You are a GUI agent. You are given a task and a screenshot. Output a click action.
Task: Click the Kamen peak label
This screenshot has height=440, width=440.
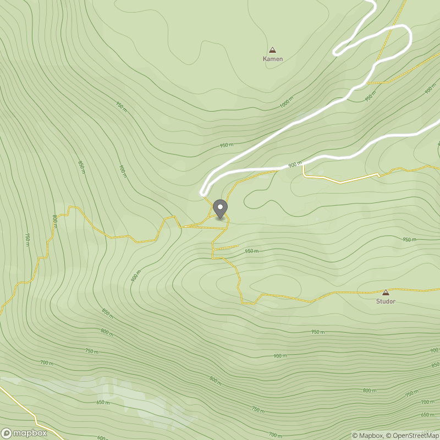coord(273,59)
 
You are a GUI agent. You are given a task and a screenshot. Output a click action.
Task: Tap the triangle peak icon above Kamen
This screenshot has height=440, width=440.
coord(272,50)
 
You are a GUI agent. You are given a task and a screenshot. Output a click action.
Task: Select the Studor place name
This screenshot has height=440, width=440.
coord(386,301)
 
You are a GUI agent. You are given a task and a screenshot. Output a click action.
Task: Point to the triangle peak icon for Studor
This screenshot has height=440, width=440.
coord(386,292)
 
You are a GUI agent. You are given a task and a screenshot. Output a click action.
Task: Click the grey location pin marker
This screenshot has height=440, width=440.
coord(220,210)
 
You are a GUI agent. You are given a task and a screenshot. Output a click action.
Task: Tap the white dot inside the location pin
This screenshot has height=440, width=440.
coord(220,207)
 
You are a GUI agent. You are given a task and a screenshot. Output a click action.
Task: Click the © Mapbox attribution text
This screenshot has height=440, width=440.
coord(367,436)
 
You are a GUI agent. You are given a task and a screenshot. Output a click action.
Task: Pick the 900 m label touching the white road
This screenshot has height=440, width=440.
coord(295,164)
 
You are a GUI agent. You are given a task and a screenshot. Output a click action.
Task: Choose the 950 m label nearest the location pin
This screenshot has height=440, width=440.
coord(251,251)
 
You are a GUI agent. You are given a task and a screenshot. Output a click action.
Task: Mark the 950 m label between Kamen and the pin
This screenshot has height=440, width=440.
coord(227,145)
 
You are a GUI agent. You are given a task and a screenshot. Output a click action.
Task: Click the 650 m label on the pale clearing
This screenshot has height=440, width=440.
coord(103,403)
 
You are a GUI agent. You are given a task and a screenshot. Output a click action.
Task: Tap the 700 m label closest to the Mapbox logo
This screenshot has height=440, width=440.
coord(46,363)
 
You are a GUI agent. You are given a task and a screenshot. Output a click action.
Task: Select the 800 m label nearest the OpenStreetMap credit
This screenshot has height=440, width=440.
coord(370,390)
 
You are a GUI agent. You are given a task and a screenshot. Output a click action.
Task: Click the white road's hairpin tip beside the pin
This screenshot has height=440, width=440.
coord(202,193)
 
